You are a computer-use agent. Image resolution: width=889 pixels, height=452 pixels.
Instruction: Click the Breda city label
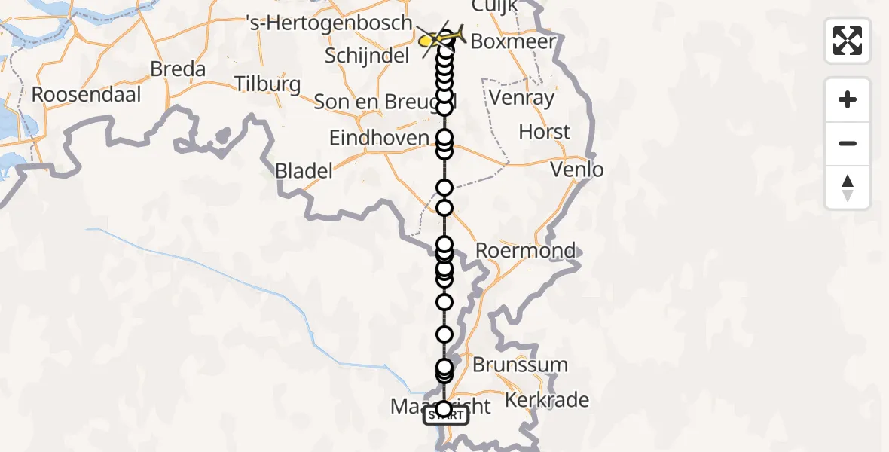pos(178,69)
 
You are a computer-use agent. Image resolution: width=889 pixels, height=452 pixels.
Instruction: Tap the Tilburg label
pos(267,84)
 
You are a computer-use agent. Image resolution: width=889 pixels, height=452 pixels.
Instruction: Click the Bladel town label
pos(304,171)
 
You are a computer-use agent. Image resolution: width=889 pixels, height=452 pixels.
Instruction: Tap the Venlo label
pos(577,169)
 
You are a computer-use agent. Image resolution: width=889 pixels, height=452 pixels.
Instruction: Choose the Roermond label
pos(527,250)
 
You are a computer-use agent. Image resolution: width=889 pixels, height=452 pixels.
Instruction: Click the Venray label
pos(521,97)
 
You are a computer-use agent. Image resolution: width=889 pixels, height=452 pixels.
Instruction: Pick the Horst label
pos(544,133)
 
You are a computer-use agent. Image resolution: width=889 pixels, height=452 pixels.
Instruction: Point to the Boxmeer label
pos(512,41)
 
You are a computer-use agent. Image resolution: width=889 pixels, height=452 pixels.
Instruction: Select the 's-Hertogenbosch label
pos(329,23)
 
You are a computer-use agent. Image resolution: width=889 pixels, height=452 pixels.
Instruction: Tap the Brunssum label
pos(520,365)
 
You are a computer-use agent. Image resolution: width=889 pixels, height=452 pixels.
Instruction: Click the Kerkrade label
pos(547,400)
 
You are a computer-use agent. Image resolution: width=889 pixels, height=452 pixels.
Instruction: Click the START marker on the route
pos(446,416)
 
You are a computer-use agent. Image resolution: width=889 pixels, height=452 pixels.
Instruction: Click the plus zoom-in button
pos(848,99)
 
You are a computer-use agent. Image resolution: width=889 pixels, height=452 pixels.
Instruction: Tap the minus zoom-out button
pos(848,143)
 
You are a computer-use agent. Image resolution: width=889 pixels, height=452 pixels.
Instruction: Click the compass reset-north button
pos(848,188)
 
